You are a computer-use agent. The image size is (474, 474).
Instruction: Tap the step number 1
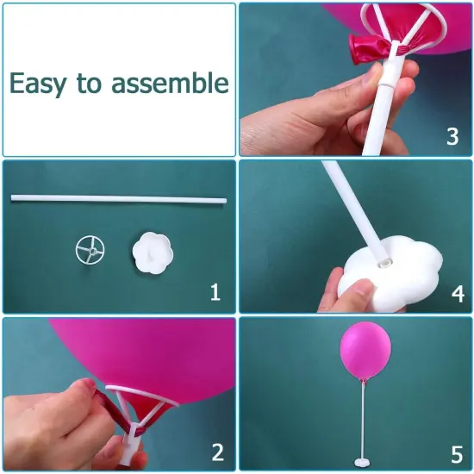[215, 293]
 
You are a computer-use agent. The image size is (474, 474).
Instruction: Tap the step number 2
[217, 451]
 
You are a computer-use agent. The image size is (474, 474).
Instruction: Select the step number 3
[452, 137]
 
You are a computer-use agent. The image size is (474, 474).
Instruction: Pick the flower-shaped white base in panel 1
[153, 254]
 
